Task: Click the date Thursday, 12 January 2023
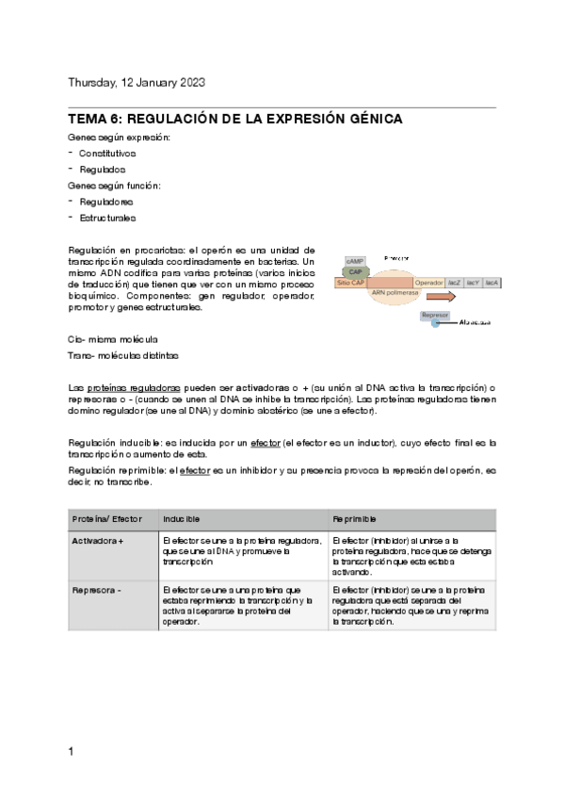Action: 137,83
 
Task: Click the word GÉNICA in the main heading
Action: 368,120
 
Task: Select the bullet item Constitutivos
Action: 107,153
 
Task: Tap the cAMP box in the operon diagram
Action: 355,260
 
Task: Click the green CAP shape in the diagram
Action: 357,270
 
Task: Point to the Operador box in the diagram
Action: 428,282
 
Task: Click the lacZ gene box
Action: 455,282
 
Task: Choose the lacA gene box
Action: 491,282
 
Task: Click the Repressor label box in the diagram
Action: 435,315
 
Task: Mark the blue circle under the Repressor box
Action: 434,323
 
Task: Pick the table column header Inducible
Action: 181,519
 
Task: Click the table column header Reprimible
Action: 355,519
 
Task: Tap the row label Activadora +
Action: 99,541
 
